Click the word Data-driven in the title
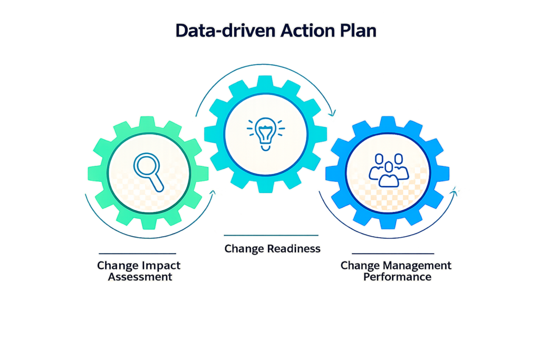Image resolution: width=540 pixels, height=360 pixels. [x=226, y=31]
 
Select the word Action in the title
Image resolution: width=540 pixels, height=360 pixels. [x=307, y=31]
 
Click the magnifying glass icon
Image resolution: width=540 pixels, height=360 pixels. [x=148, y=172]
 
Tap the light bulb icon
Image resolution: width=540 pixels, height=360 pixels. [x=266, y=134]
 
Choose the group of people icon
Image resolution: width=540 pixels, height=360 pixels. [x=389, y=170]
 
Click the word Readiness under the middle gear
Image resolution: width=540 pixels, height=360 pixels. [x=294, y=248]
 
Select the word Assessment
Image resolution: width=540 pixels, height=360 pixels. [x=140, y=277]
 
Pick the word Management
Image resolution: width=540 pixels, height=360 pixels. [x=418, y=266]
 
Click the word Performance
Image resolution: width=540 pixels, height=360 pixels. [x=398, y=277]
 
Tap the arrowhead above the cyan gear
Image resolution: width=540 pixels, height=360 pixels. [x=332, y=113]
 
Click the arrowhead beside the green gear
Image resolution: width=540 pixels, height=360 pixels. [x=213, y=193]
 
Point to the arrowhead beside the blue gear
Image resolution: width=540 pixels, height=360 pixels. [x=455, y=192]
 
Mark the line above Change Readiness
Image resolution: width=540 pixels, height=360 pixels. [x=271, y=236]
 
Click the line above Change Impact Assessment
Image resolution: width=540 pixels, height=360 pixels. [x=138, y=254]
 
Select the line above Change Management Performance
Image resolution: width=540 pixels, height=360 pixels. [x=393, y=254]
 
